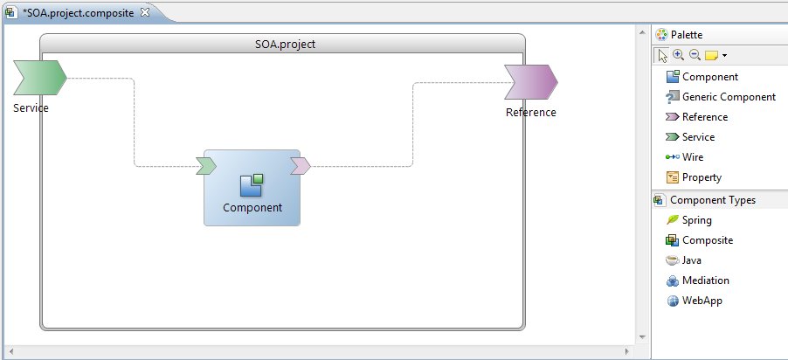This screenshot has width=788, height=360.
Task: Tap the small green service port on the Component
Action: (206, 165)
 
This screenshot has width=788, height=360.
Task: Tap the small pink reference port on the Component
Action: (300, 165)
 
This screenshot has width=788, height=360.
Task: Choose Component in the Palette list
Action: (709, 77)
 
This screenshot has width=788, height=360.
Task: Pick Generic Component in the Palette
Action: (728, 97)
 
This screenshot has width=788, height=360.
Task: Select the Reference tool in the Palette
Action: (704, 117)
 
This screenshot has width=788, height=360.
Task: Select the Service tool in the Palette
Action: (698, 137)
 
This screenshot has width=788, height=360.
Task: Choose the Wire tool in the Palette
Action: (692, 157)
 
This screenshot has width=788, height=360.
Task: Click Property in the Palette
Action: (702, 177)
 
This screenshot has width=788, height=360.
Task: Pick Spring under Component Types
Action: (696, 220)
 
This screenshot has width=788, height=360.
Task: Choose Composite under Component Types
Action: (707, 240)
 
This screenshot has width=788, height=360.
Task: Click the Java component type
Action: (692, 260)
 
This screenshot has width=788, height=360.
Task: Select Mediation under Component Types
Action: (705, 280)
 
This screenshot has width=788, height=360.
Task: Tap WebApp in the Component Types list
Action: (702, 301)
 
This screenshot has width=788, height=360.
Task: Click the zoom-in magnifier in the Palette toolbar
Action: (679, 55)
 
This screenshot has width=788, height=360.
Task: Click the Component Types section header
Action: (712, 200)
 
